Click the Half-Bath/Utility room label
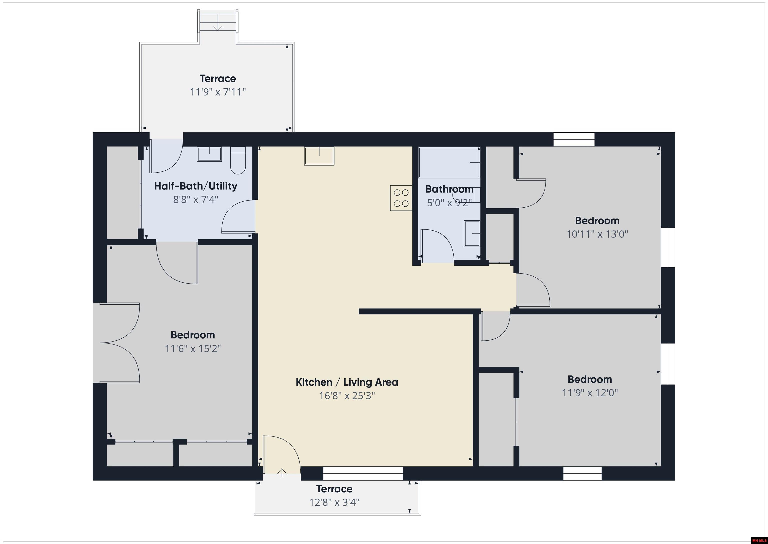coord(196,186)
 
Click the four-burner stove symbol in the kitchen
coord(401,198)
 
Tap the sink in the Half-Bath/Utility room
coord(209,154)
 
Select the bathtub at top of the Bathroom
coord(449,162)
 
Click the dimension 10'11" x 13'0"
coord(597,234)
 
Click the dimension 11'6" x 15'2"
coord(193,349)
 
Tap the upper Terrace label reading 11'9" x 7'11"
coord(218,92)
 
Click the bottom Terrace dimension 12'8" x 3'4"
coord(334,502)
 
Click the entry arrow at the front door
coord(282,473)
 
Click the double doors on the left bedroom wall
coord(119,343)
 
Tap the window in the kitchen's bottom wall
coord(363,474)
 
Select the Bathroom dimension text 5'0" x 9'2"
coord(449,203)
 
